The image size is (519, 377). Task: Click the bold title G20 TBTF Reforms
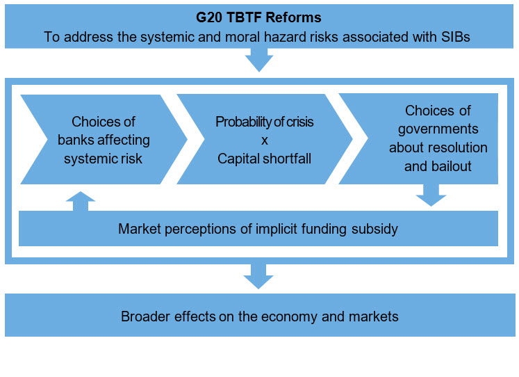[x=258, y=17]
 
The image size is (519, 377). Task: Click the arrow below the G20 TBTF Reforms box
[x=259, y=60]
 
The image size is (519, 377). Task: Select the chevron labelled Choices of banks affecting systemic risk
[x=104, y=140]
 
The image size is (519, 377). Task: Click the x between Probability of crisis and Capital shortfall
[x=264, y=141]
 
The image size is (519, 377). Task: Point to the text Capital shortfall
[x=264, y=159]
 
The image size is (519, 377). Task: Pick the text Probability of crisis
[x=264, y=122]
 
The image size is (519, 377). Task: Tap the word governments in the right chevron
[x=438, y=129]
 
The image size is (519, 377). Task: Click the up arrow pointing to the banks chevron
[x=81, y=201]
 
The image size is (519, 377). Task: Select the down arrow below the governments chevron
[x=431, y=195]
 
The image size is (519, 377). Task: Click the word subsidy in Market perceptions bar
[x=374, y=229]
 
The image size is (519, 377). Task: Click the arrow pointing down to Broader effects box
[x=258, y=276]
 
